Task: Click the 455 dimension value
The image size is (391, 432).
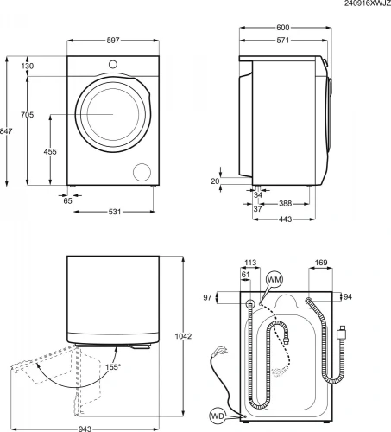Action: (x=52, y=151)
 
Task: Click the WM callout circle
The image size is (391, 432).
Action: (x=274, y=280)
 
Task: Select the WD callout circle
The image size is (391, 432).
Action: (x=218, y=416)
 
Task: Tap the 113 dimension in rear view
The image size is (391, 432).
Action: (x=251, y=264)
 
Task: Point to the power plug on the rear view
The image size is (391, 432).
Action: (x=344, y=330)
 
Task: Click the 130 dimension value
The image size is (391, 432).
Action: (x=29, y=67)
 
